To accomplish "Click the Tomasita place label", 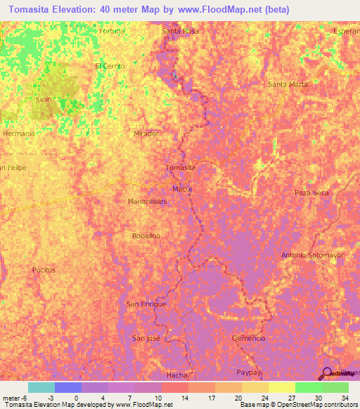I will point(179,168).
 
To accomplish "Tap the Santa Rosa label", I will point(180,32).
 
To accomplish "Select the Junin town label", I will point(44,100).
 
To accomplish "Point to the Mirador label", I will point(146,133).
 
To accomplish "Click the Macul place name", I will point(182,190).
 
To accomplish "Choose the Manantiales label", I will point(147,201).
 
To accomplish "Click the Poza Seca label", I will point(311,193).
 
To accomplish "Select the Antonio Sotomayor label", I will point(312,254).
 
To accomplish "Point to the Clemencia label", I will point(248,338).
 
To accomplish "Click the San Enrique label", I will point(146,304).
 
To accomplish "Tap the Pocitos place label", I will point(44,270).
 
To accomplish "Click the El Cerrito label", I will point(110,66).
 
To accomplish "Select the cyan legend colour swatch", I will point(41,387).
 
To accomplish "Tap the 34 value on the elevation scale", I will point(344,397).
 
